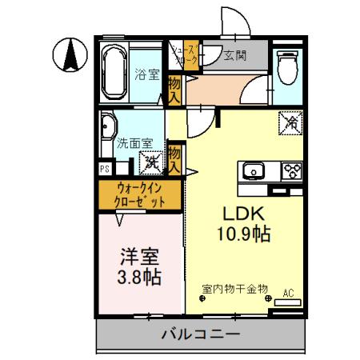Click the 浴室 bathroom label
click(x=146, y=74)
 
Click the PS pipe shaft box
click(x=104, y=169)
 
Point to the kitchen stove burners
click(x=290, y=170)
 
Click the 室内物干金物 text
click(x=234, y=288)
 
